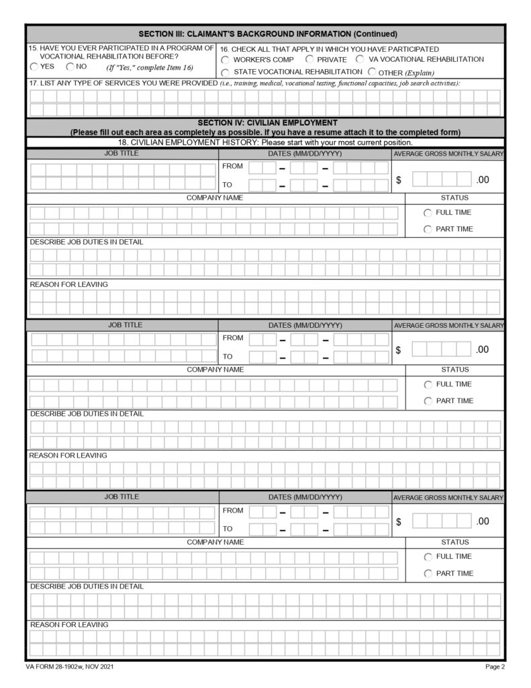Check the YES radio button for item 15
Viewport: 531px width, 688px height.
(34, 67)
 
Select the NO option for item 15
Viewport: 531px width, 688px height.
(70, 67)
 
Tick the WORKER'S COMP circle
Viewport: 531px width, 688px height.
(226, 60)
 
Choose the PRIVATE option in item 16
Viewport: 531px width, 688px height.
(309, 60)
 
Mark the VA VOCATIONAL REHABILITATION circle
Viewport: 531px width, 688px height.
(360, 60)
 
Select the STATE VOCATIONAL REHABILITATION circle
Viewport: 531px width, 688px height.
(226, 72)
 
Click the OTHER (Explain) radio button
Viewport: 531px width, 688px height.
(371, 72)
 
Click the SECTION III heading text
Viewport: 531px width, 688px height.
(268, 34)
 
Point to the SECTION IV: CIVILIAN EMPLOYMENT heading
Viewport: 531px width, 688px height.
(267, 123)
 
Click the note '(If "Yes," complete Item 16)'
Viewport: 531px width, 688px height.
(149, 68)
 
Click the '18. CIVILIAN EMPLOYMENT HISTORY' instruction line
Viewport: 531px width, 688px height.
(265, 142)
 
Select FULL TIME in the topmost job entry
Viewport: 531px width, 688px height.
(428, 213)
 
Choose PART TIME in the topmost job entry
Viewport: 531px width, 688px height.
(428, 230)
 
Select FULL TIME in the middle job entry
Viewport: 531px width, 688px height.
(428, 385)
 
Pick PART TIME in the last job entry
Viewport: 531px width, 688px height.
(428, 574)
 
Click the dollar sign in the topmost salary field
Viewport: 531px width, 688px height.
(399, 180)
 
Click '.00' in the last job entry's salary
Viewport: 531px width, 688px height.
(482, 521)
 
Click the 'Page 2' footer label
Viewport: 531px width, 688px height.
(494, 667)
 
